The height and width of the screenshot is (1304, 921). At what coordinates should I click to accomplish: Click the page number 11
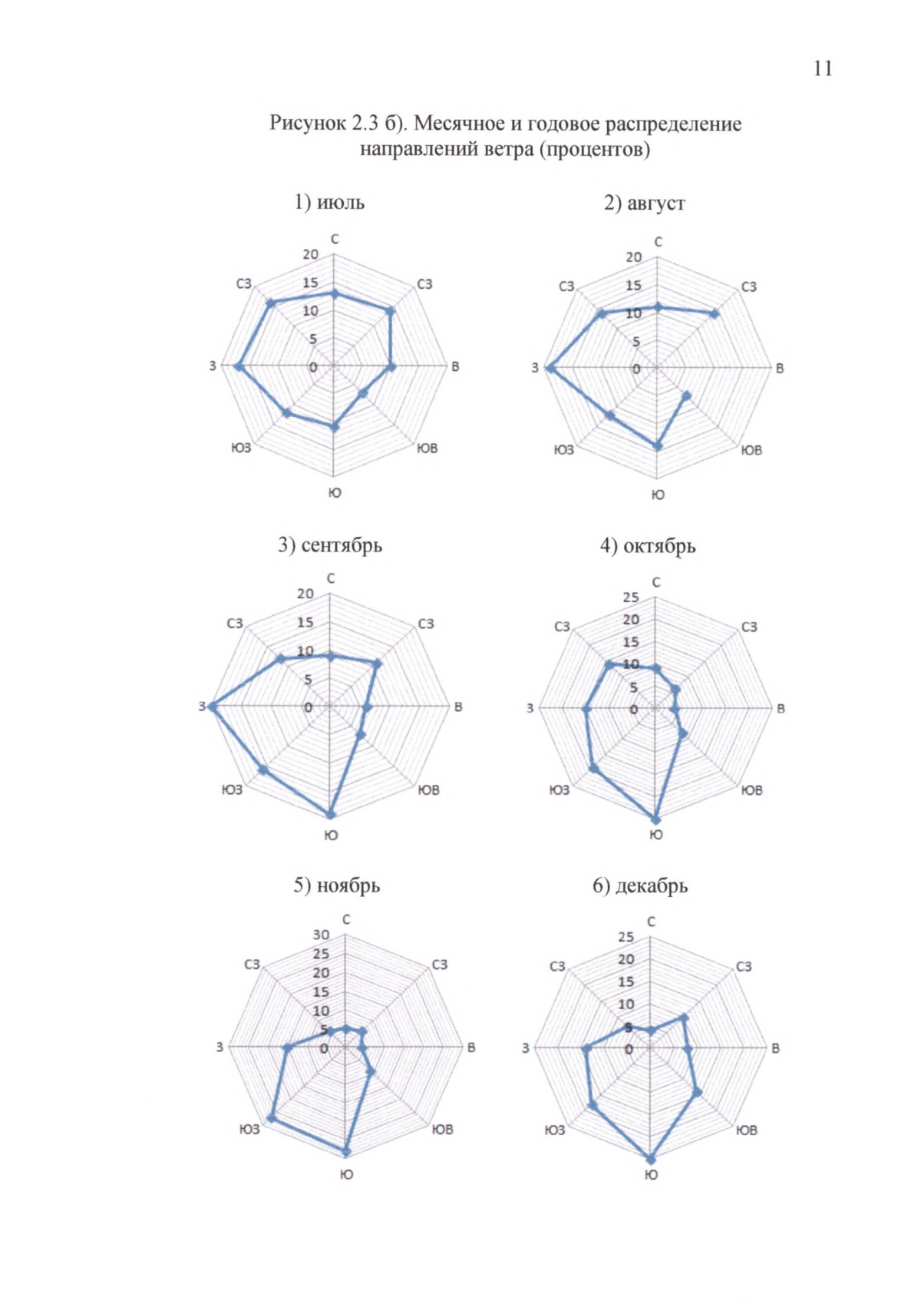coord(822,68)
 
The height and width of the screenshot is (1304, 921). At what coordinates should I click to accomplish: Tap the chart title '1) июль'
coord(329,202)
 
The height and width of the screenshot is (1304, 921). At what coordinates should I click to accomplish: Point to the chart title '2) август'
coord(644,203)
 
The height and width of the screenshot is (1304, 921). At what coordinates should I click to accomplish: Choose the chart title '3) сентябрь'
coord(330,544)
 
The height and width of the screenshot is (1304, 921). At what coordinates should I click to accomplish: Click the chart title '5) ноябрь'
coord(336,885)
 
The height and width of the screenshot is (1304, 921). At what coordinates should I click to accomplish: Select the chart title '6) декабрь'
coord(639,885)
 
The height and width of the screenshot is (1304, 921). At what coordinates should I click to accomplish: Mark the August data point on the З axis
coord(550,369)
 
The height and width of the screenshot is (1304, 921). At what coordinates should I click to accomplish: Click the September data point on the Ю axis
coord(331,815)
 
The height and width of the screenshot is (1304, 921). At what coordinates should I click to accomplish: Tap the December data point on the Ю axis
coord(651,1160)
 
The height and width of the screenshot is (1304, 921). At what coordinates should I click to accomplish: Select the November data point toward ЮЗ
coord(271,1117)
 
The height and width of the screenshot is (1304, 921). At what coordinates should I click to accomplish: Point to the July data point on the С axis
coord(334,293)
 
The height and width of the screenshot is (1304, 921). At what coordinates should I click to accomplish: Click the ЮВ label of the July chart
coord(427,448)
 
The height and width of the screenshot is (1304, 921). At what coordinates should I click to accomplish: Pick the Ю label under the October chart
coord(655,835)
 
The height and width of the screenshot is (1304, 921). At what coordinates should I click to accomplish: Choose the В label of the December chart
coord(775,1048)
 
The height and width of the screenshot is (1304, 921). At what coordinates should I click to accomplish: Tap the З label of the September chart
coord(203,707)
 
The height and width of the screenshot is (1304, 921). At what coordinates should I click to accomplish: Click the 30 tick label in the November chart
coord(321,935)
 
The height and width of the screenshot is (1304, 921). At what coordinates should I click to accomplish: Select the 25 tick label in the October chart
coord(630,597)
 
